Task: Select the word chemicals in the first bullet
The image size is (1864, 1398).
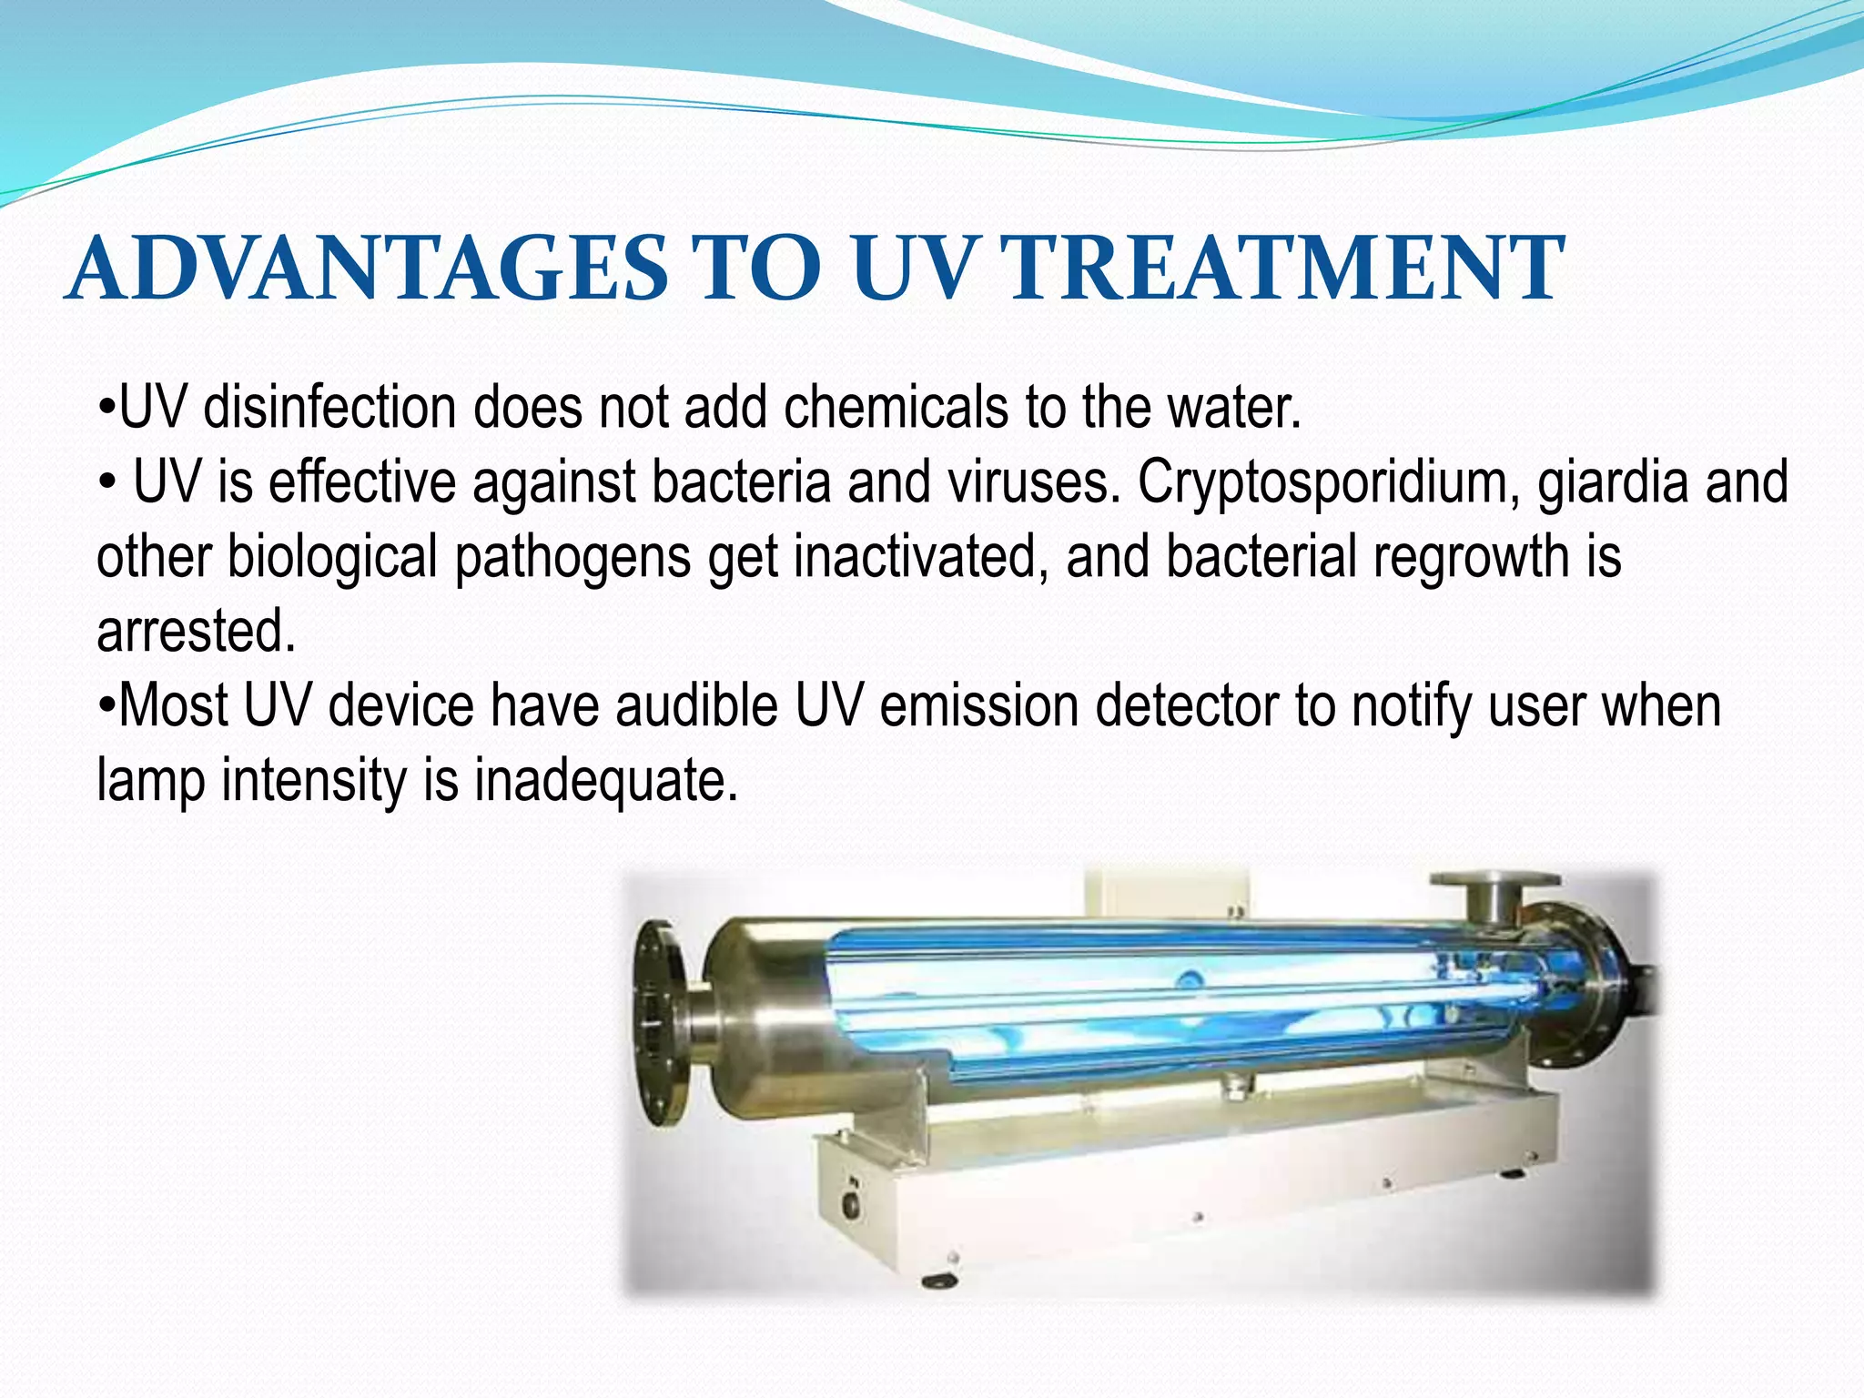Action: click(x=896, y=407)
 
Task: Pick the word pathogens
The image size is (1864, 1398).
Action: click(x=572, y=558)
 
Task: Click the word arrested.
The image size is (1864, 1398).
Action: click(x=196, y=632)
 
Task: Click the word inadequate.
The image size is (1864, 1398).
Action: click(x=605, y=781)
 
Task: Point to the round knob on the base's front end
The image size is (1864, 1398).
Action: click(x=852, y=1204)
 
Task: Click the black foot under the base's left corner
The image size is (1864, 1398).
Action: click(x=939, y=1281)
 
